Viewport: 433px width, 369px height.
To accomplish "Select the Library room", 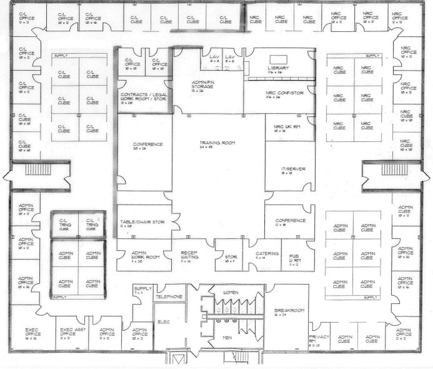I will (x=277, y=68).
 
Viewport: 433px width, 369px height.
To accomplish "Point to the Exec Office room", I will (x=32, y=333).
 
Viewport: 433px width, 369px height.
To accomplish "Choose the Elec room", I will (x=164, y=322).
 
